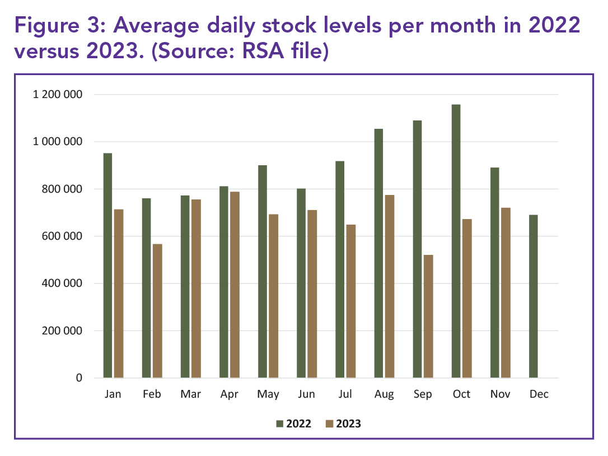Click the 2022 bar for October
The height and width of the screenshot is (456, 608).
456,241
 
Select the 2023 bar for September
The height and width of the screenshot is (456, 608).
428,317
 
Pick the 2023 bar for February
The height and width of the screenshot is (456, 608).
157,310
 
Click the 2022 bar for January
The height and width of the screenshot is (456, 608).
107,266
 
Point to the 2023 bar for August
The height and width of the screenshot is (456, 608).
390,286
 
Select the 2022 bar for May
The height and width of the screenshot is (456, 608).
263,272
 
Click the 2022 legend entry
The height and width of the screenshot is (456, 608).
293,424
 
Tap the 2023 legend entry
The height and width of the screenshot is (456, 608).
343,424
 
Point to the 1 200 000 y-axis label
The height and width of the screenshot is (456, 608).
58,95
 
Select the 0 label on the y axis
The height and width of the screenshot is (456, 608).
79,378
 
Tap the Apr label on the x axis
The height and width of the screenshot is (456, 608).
229,394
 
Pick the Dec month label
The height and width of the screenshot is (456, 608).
539,394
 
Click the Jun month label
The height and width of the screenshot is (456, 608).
306,394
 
